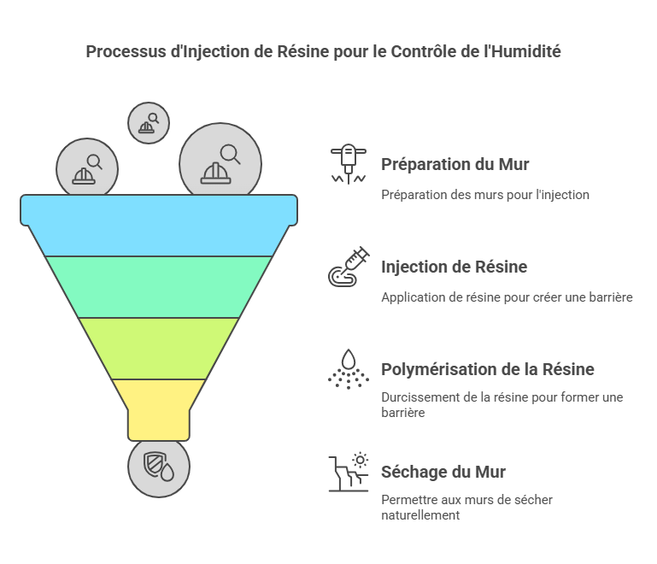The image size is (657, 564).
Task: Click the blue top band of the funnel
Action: (159, 226)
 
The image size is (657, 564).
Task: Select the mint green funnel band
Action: (159, 287)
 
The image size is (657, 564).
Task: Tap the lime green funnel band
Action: (159, 349)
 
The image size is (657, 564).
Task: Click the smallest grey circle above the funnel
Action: (149, 123)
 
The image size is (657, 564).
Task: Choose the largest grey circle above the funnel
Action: (220, 163)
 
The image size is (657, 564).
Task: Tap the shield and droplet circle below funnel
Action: (159, 467)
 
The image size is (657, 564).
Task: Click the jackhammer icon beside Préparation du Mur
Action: (349, 164)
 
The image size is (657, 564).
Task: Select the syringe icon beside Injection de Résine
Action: (349, 267)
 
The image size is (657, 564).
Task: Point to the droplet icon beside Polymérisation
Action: (349, 369)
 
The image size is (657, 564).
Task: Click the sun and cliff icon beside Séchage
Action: (349, 472)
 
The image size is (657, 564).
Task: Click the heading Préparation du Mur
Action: (455, 164)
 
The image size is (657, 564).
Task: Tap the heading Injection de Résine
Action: (455, 267)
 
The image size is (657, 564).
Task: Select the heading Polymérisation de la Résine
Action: (488, 369)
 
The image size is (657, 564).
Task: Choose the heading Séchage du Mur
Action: (443, 473)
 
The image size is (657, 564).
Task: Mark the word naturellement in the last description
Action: (420, 515)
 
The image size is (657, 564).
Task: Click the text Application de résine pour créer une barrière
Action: (507, 297)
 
